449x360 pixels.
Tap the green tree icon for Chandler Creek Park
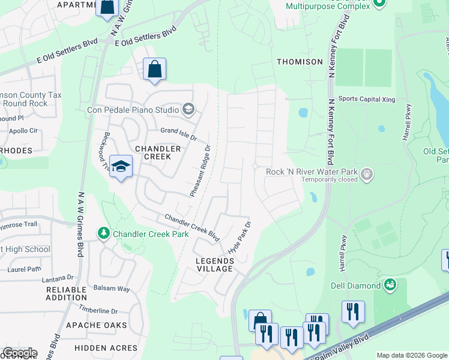104,232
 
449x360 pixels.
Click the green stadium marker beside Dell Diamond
390,283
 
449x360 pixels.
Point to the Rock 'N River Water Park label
312,172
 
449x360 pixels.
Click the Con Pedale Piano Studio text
133,110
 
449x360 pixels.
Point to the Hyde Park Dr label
239,236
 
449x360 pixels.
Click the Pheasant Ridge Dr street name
200,171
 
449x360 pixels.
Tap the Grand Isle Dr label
178,133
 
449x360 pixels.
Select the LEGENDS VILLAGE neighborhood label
214,265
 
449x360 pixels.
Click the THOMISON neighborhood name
300,62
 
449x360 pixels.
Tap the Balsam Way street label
110,289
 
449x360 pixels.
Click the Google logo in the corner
19,353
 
